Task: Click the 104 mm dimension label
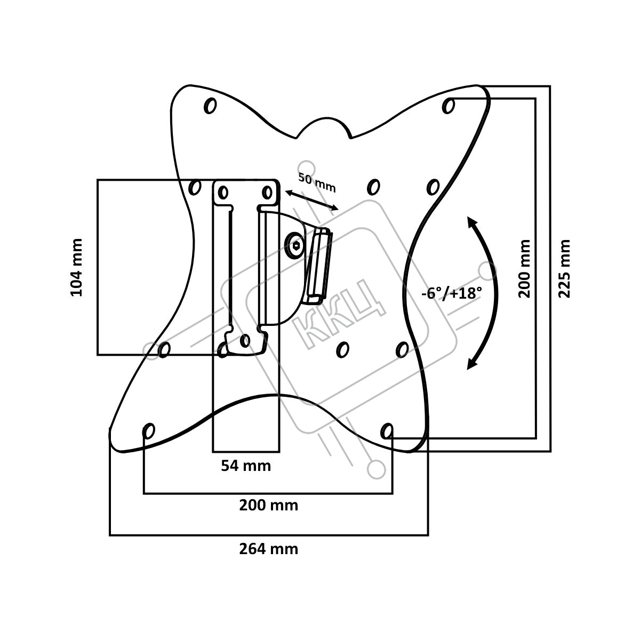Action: [77, 267]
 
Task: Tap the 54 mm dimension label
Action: [246, 466]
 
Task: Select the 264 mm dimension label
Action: [268, 548]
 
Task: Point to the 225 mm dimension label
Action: [564, 268]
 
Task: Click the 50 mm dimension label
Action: [317, 183]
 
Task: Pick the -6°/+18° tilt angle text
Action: [451, 293]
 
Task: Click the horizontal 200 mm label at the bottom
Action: [268, 505]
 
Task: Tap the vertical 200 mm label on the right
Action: [525, 268]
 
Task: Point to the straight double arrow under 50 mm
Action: [311, 200]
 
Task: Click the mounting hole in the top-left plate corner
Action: [210, 106]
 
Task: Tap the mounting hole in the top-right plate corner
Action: [449, 106]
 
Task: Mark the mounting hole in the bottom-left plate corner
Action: [149, 430]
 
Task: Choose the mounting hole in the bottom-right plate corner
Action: [388, 430]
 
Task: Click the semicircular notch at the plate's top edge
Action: [324, 126]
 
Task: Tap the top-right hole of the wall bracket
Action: [268, 191]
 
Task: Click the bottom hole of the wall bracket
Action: [245, 340]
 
